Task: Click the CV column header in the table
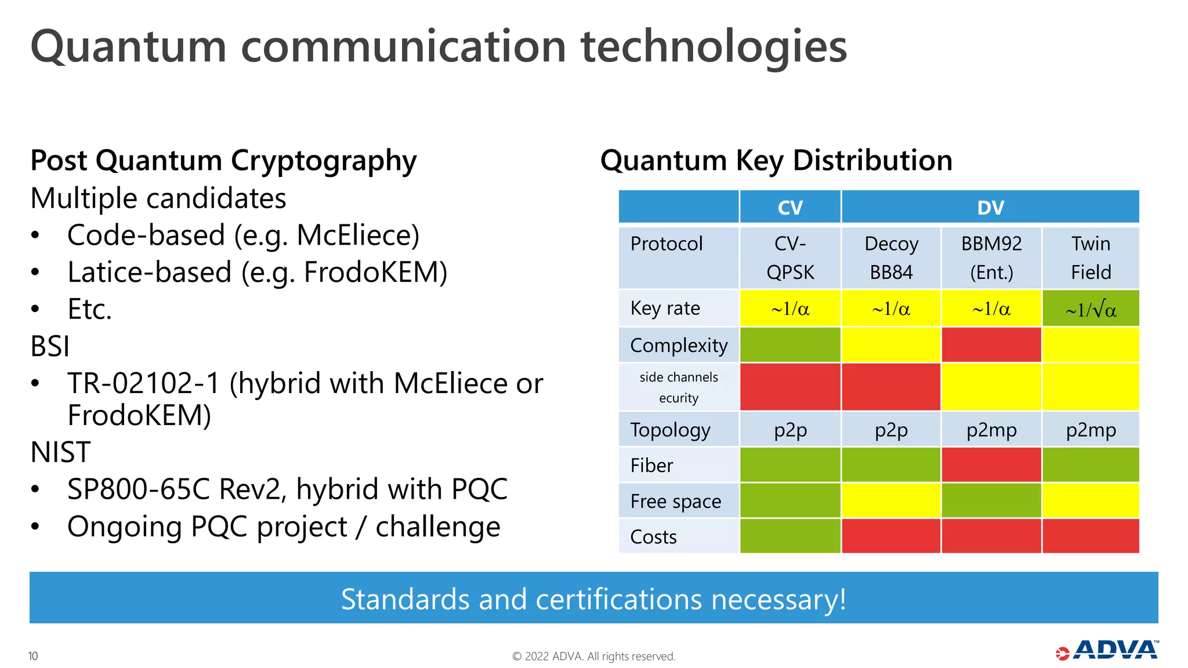point(789,207)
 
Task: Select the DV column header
point(990,207)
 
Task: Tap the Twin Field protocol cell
point(1091,258)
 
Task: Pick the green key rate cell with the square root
point(1091,309)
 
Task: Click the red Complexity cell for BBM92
point(991,345)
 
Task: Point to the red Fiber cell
point(991,465)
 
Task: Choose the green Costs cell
point(789,536)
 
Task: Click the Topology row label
point(670,430)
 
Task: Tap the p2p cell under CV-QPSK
point(789,430)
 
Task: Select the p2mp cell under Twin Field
point(1091,430)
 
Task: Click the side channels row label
point(678,387)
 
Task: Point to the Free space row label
point(675,501)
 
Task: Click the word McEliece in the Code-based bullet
point(357,235)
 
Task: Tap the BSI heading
point(50,347)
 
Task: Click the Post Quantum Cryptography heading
point(223,161)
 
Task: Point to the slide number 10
point(33,656)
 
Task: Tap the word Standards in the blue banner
point(404,599)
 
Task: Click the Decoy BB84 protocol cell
point(890,258)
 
